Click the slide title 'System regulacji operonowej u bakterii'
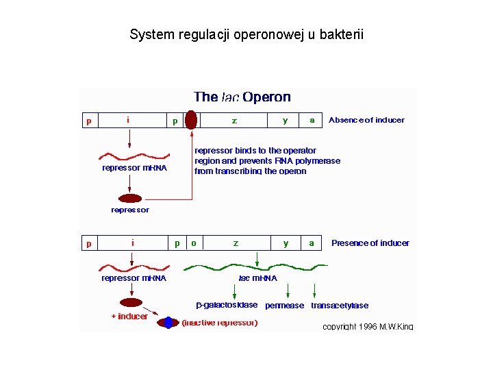246,34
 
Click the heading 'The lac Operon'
242,97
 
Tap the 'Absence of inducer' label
366,120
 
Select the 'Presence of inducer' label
370,243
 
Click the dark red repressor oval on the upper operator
192,120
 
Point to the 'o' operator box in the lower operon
194,243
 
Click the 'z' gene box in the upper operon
234,120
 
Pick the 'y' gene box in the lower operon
286,243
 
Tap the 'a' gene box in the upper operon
312,120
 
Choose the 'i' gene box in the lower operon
132,243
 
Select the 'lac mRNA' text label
257,278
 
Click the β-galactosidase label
227,305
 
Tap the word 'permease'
284,306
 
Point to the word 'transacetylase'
340,306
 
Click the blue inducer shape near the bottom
168,322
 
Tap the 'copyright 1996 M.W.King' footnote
368,327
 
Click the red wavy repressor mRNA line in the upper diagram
130,157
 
